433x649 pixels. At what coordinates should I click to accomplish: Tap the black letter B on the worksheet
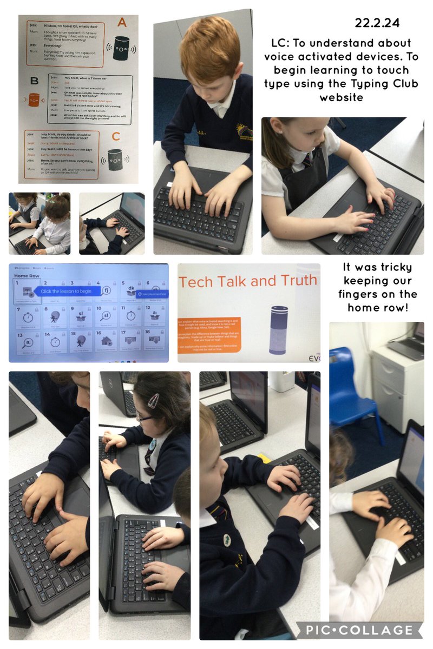coord(34,82)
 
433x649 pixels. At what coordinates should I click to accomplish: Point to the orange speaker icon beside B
coord(34,100)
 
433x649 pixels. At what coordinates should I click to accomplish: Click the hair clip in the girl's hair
coord(154,401)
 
